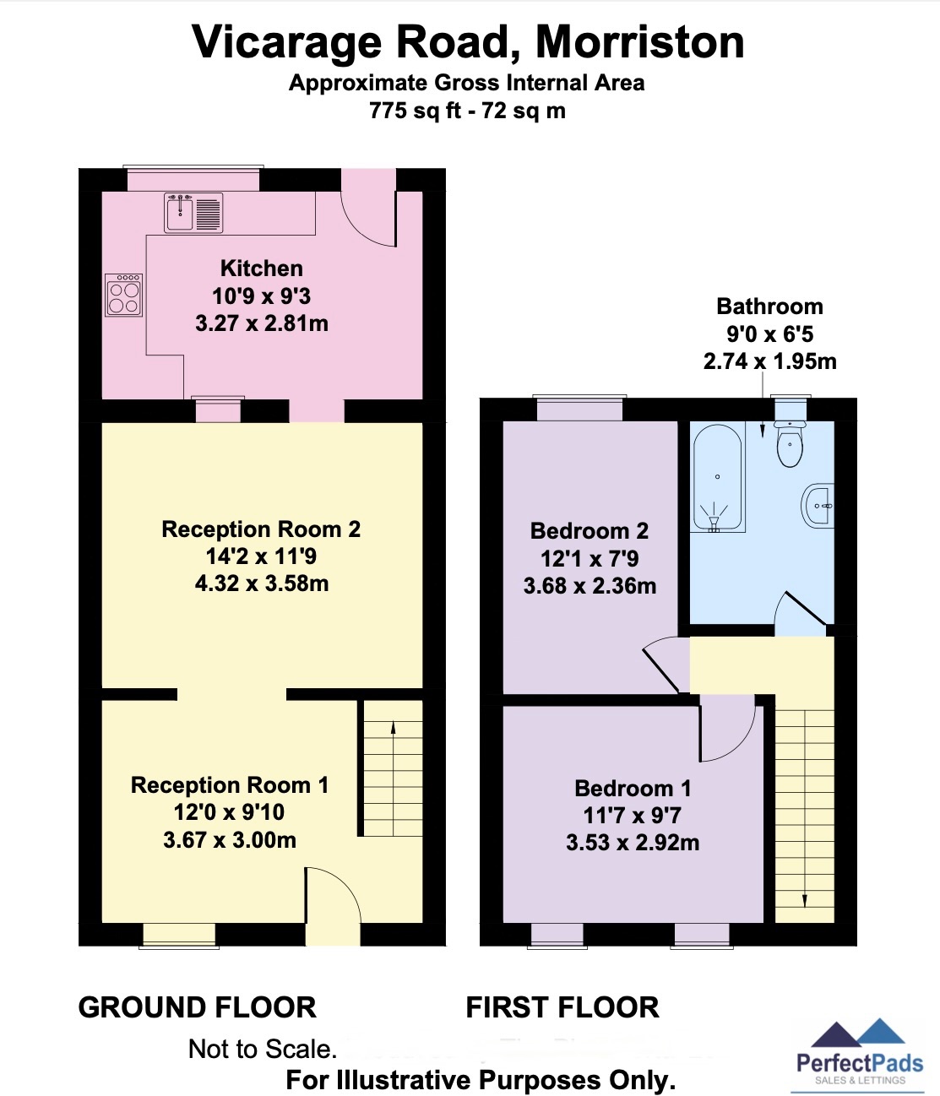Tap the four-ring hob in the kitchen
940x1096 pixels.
124,295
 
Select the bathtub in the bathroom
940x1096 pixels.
718,479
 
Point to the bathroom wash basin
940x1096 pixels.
818,506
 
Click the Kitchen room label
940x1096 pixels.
262,269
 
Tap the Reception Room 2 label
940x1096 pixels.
261,529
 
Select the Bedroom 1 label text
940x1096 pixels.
633,789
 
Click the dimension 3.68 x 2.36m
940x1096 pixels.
590,586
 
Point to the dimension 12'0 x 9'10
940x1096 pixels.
229,812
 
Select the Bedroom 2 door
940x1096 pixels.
661,667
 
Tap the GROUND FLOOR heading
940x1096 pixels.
197,1007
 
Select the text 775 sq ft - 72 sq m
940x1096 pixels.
467,111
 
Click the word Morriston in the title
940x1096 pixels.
639,42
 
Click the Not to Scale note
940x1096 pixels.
263,1049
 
